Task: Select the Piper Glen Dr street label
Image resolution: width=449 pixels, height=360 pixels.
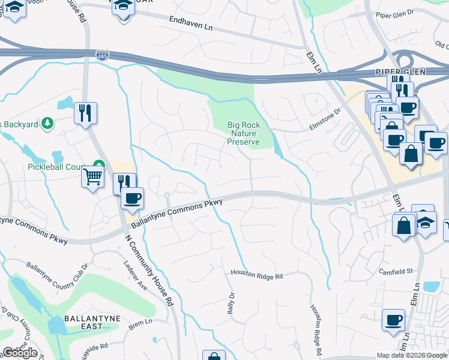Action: (395, 13)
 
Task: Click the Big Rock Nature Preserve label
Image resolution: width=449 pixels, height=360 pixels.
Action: (243, 133)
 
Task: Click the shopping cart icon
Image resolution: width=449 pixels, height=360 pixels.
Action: (92, 177)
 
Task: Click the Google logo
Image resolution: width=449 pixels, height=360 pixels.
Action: (20, 353)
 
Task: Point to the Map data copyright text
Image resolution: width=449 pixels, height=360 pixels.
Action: (411, 355)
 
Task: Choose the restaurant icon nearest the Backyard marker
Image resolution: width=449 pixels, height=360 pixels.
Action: (85, 112)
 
